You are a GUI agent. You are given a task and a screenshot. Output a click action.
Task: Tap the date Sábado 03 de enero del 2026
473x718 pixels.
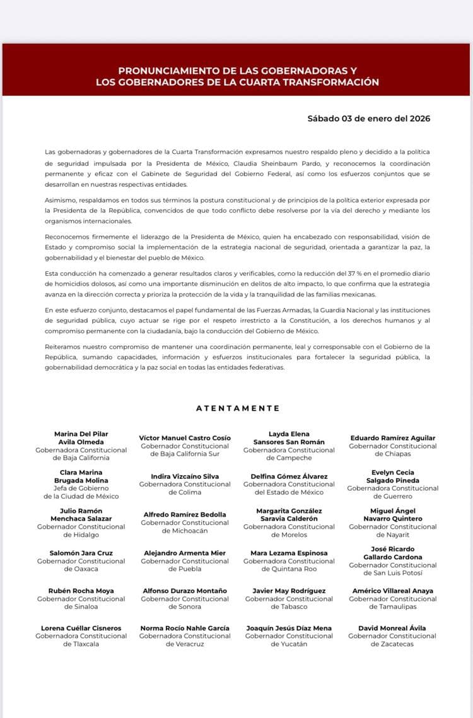[x=369, y=118]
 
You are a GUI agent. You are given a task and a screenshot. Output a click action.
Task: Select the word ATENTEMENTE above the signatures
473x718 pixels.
[x=238, y=408]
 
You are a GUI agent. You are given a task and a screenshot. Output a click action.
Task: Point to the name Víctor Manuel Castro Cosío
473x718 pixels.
[x=185, y=438]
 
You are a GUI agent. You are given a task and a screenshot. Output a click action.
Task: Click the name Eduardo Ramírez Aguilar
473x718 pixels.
[x=392, y=438]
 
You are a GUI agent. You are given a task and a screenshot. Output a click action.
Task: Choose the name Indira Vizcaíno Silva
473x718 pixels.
[x=185, y=476]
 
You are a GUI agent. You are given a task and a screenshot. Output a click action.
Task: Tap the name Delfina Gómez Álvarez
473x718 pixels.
[x=289, y=476]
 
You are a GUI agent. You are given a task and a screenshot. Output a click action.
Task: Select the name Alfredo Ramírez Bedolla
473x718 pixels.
[x=185, y=515]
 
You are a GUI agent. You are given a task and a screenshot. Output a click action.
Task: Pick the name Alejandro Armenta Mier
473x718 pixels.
[x=185, y=553]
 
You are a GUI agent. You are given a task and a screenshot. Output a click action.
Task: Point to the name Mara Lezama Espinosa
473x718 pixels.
[x=289, y=553]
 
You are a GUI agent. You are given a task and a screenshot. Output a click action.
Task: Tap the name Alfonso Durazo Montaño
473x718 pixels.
[x=185, y=591]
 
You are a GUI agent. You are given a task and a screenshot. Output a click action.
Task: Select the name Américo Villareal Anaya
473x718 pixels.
[x=392, y=591]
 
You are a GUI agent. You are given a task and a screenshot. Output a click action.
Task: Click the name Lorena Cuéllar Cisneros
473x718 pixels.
[x=81, y=628]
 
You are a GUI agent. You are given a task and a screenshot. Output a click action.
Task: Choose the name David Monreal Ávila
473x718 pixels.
[x=392, y=628]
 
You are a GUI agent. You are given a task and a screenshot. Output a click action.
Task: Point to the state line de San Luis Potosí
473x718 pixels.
[x=392, y=573]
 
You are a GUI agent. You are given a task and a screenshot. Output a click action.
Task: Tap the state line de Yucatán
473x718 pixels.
[x=289, y=644]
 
